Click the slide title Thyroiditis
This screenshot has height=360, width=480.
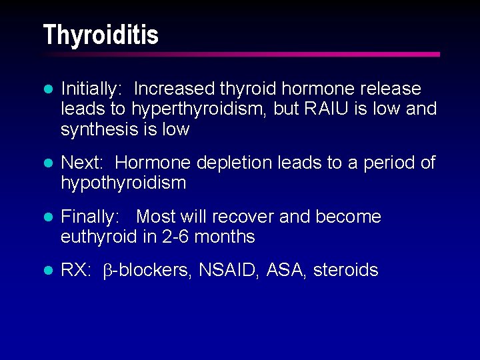[101, 35]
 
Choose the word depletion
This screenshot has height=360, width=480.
[225, 163]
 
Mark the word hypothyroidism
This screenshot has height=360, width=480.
[123, 183]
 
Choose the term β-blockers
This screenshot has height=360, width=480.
[146, 270]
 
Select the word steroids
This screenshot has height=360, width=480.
[345, 270]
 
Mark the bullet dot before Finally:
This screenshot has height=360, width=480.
[47, 217]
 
